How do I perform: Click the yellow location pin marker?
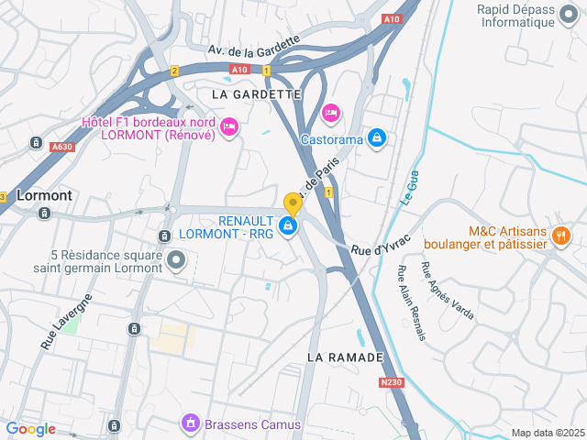click(x=293, y=203)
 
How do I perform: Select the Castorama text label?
click(x=331, y=139)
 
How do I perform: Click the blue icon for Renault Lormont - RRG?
click(x=288, y=225)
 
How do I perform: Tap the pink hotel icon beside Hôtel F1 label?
click(x=229, y=126)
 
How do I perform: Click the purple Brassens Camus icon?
click(x=190, y=423)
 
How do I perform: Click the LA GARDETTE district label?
click(x=256, y=94)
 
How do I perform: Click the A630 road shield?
click(x=61, y=147)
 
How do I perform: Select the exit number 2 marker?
click(x=174, y=71)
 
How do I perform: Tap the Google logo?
click(x=31, y=428)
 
